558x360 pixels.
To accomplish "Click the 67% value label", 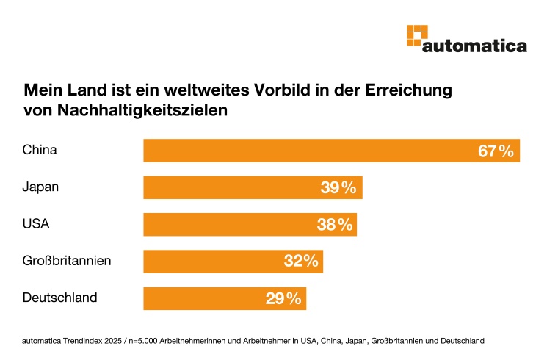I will [x=496, y=151].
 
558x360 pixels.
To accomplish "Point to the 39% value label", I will [x=338, y=188].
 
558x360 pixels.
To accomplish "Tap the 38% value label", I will [x=335, y=225].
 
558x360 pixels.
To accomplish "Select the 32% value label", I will [x=301, y=262].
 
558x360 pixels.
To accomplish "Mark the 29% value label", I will [x=283, y=299].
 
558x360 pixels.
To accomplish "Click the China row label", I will [x=40, y=150].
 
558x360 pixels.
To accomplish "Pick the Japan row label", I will [x=40, y=187].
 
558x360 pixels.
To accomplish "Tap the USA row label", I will [x=36, y=224].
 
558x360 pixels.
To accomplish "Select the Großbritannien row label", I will [x=67, y=261].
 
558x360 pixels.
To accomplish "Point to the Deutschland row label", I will [x=60, y=298].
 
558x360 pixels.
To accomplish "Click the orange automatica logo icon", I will [x=417, y=36].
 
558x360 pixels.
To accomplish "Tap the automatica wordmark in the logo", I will [x=475, y=46].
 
